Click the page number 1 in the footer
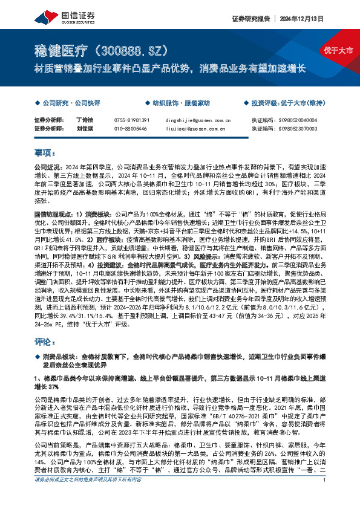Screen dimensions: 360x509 326,497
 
